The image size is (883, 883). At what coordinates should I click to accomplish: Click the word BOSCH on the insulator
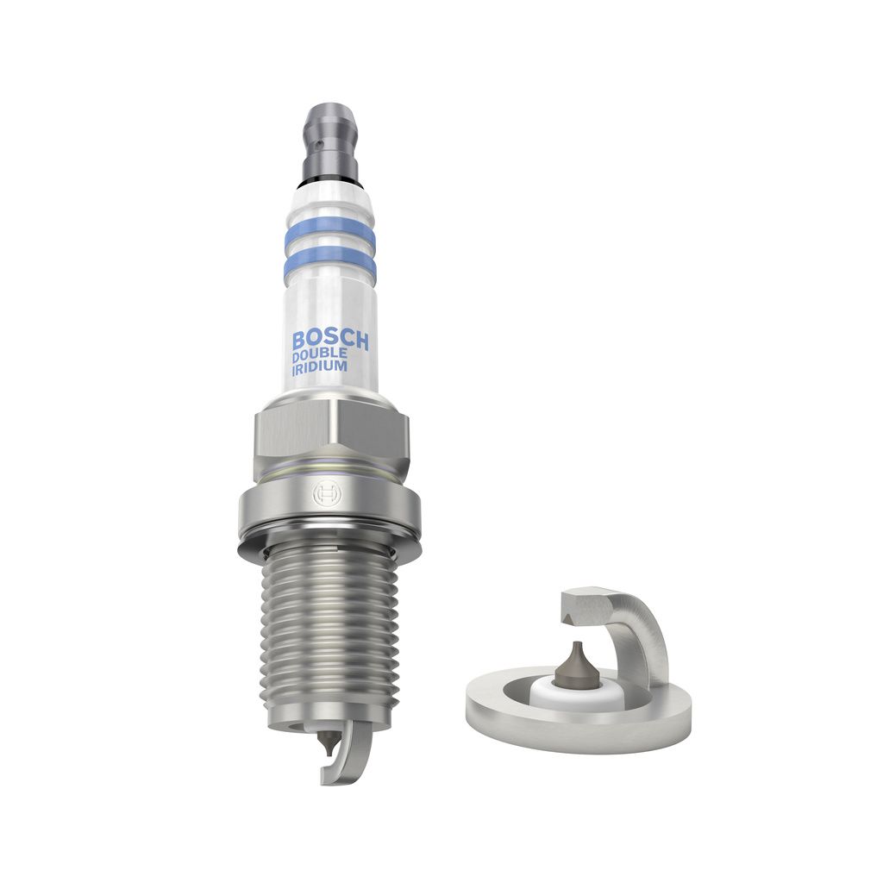(329, 338)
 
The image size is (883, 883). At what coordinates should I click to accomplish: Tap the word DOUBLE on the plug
(320, 353)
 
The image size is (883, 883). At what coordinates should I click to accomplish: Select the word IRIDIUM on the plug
(319, 366)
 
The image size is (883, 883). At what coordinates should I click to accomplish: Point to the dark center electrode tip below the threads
(328, 740)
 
